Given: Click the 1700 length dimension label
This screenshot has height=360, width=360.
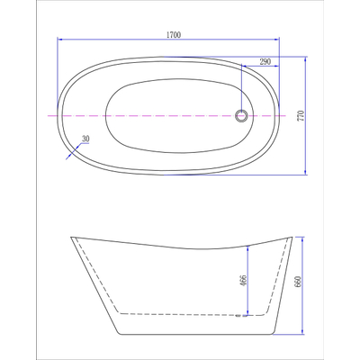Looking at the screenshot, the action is [174, 35].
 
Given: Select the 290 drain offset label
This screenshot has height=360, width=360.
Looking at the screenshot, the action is [265, 62].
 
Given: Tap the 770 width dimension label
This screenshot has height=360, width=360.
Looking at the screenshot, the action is [301, 115].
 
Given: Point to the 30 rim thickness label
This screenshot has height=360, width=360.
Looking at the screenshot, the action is [85, 139].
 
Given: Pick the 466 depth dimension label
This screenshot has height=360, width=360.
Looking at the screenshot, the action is [243, 281].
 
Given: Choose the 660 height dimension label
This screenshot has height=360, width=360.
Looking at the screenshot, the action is [298, 282].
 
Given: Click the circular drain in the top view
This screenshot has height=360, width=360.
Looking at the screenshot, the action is [241, 115].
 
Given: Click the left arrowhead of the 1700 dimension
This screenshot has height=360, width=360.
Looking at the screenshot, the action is [60, 39].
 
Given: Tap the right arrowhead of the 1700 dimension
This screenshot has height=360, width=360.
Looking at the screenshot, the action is [276, 39].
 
